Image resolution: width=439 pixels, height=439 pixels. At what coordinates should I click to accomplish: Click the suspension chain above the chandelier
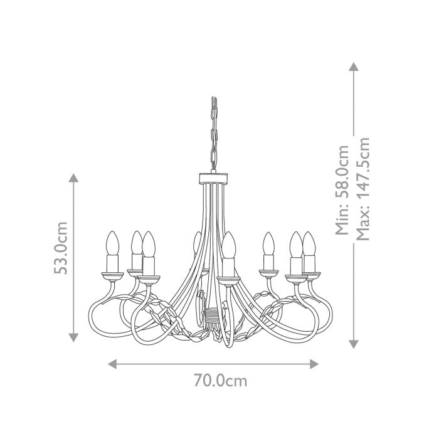click(213, 135)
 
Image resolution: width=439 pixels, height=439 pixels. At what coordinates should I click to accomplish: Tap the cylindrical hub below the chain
click(213, 178)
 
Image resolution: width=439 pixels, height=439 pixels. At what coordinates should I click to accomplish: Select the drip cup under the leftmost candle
click(112, 274)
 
